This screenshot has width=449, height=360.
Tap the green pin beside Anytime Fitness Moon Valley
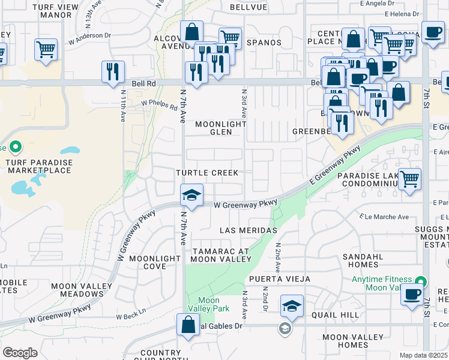(421, 281)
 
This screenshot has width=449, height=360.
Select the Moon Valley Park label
(208, 304)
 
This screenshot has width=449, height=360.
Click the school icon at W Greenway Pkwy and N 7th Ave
(191, 195)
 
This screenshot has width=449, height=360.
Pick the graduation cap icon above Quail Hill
(292, 306)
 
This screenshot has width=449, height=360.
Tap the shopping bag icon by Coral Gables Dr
(188, 325)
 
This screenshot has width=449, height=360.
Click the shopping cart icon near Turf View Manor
(46, 49)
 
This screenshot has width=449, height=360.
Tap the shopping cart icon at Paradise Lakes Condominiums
(409, 178)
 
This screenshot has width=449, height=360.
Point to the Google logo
(20, 352)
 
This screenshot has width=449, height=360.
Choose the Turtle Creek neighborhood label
(206, 173)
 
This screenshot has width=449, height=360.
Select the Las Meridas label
(248, 230)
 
